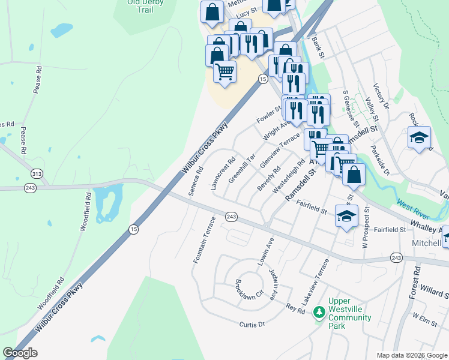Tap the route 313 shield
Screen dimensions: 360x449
[38, 173]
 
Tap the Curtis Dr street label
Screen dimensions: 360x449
[252, 324]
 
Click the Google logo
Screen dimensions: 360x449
[20, 353]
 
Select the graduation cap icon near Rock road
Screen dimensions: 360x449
[419, 137]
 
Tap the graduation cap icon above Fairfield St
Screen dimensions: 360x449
[346, 215]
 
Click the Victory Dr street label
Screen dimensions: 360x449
[382, 96]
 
